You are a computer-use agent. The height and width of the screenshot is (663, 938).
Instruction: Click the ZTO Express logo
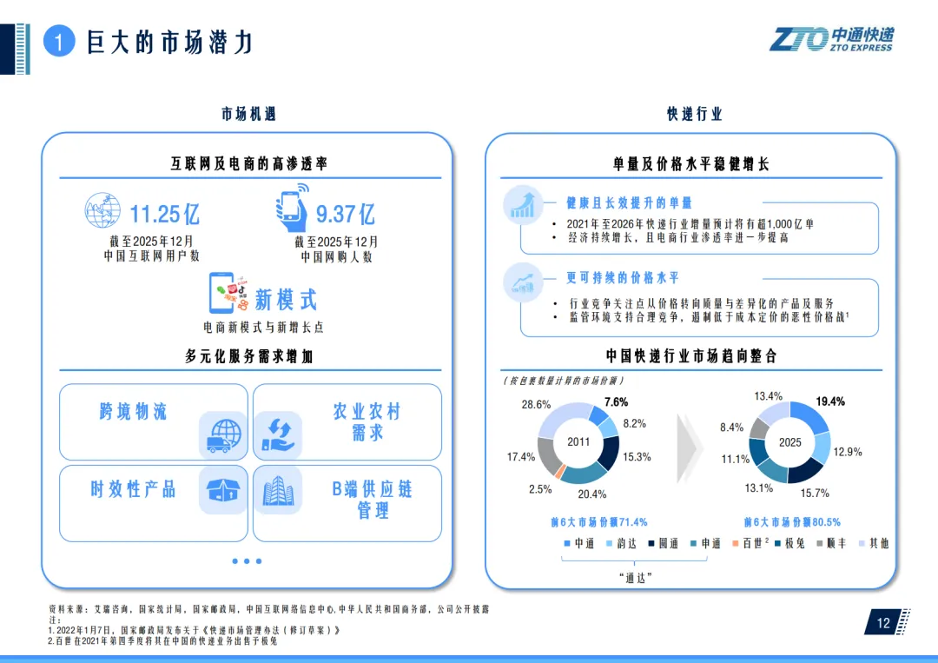click(830, 39)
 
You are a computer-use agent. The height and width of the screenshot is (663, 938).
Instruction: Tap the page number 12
click(883, 622)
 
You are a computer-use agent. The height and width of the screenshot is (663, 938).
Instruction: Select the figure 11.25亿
click(167, 213)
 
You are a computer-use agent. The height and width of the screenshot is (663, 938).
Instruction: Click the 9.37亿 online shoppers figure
click(346, 213)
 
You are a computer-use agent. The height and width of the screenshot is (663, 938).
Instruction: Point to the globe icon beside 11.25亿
click(102, 210)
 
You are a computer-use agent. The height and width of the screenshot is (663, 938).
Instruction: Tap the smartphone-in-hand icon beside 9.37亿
click(292, 206)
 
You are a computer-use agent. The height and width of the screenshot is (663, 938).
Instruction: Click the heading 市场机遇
click(248, 115)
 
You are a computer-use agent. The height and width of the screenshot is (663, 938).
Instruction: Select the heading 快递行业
click(694, 115)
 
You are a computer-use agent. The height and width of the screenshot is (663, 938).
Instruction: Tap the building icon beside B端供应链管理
click(277, 490)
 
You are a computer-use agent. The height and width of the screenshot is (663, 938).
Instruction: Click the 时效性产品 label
click(133, 490)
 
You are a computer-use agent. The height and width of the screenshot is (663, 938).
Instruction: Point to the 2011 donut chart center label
click(578, 442)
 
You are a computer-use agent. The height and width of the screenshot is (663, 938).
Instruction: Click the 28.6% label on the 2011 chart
click(536, 405)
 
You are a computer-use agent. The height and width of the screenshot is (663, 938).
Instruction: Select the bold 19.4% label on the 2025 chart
click(830, 401)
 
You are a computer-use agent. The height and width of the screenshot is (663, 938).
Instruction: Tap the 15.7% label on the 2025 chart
click(815, 493)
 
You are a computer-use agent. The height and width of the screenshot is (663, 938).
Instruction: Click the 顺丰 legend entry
click(836, 544)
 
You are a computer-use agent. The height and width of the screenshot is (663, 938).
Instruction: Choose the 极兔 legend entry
click(794, 544)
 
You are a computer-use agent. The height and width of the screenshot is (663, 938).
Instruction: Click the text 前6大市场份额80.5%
click(791, 522)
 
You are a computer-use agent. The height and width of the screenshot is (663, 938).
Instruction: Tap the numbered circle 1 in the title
click(59, 42)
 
